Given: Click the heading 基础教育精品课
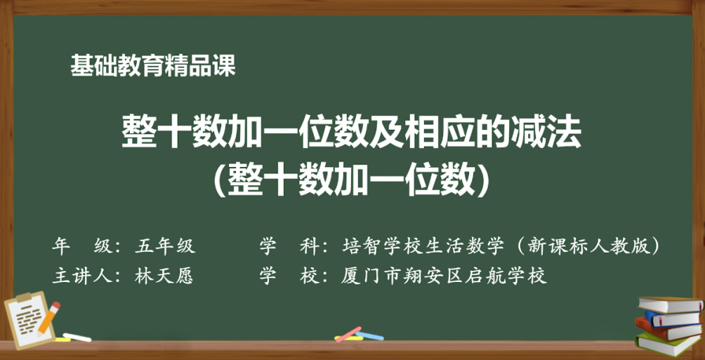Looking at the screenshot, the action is tap(153, 66).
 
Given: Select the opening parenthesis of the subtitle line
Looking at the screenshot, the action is tap(220, 180).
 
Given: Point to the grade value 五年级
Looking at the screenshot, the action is tap(164, 246).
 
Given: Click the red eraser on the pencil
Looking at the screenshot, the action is tap(55, 306).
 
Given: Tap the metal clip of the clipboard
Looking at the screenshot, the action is tap(23, 298).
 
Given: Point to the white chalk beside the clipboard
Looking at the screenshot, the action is tap(77, 337).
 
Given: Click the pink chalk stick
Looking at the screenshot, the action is tap(348, 334).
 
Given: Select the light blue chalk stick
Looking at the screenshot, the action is tap(369, 335).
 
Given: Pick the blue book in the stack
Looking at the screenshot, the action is tap(672, 319).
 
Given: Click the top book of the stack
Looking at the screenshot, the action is tap(671, 305).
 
